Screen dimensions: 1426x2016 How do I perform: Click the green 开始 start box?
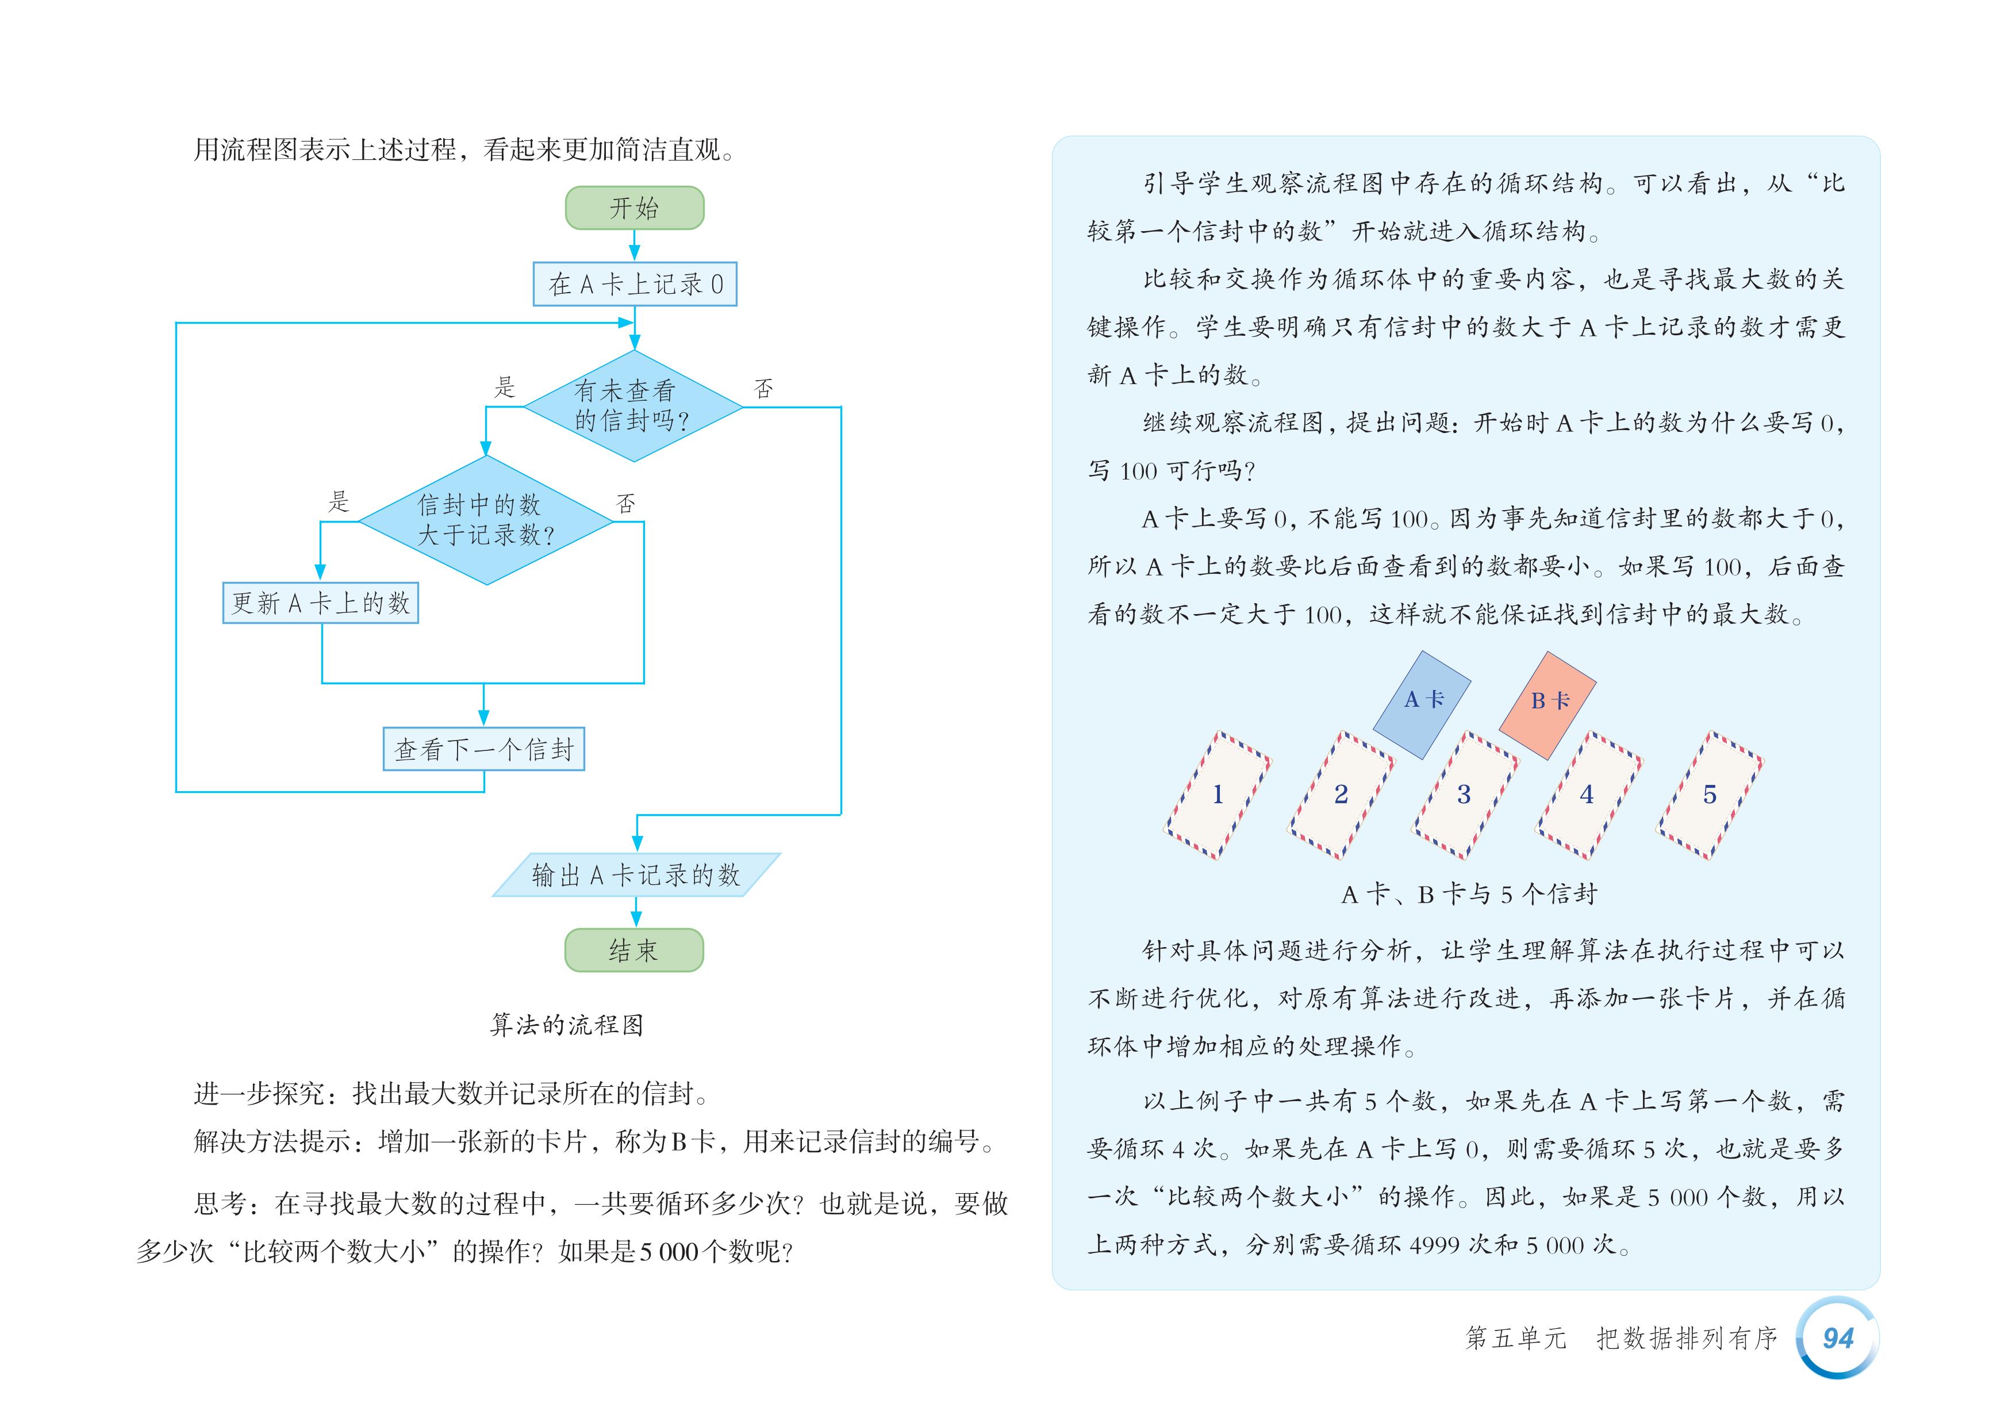634,208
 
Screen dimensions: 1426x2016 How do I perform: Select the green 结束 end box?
634,950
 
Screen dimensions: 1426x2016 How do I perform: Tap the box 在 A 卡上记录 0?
635,283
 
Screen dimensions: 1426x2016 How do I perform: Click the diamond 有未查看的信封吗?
633,407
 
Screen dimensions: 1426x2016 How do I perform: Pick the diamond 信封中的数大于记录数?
486,520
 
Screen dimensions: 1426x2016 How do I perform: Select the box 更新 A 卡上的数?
321,603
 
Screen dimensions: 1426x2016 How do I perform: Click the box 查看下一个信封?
484,749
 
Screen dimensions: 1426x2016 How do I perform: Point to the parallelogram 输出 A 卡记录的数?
636,875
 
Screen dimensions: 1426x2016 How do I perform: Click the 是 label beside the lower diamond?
339,502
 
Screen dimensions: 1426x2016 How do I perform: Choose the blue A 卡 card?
1422,703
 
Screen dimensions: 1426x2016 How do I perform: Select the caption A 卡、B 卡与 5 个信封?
1469,895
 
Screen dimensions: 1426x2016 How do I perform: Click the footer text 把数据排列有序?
1686,1338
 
